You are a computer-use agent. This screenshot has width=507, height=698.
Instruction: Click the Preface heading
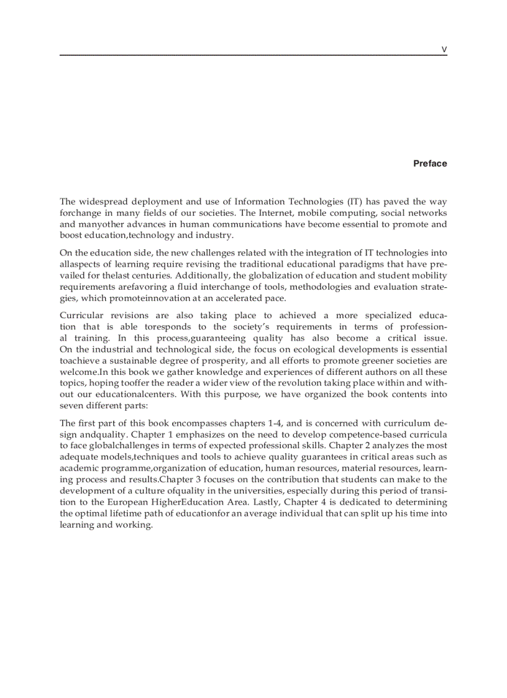click(430, 163)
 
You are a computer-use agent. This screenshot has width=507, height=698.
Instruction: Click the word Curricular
click(81, 315)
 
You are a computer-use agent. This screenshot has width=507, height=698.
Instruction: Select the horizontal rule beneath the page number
click(253, 56)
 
